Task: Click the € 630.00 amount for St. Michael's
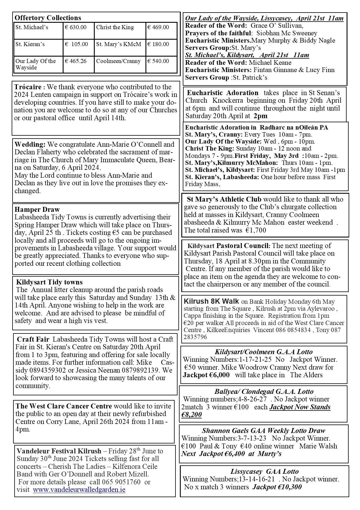coord(76,27)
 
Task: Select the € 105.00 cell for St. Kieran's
coord(76,44)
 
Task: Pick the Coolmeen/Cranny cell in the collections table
coord(118,61)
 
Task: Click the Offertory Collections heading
coord(48,18)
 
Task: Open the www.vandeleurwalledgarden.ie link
coord(79,490)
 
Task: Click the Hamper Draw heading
coord(37,209)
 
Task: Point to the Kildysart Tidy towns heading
coord(49,282)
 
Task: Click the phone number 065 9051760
coord(121,482)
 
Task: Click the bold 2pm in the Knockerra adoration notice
coord(260,116)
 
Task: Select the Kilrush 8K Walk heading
coord(211,301)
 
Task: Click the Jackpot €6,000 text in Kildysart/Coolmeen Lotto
coord(206,375)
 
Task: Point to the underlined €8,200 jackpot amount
coord(192,415)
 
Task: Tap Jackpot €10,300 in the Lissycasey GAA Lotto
coord(277,487)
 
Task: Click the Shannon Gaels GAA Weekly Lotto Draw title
coord(264,431)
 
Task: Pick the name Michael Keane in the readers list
coord(270,63)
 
